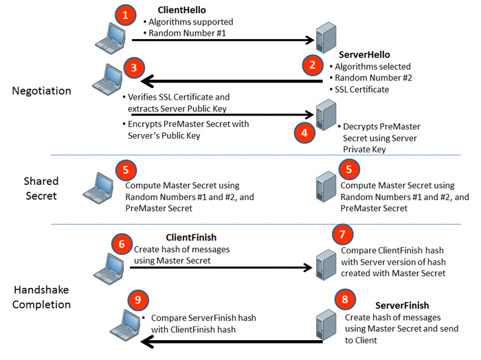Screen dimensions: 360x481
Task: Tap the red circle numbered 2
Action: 313,66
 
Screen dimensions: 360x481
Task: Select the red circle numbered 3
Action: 134,67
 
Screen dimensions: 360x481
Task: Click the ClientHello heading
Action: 181,10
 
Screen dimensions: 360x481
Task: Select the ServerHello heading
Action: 364,54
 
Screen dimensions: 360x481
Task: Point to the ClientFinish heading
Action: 191,238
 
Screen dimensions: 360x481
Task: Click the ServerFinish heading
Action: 402,305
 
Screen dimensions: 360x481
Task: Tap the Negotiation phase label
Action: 41,90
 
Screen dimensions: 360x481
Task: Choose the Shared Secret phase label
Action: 41,188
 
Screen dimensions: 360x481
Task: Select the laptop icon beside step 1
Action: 109,37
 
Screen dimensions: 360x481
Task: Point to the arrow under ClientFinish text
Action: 220,269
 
